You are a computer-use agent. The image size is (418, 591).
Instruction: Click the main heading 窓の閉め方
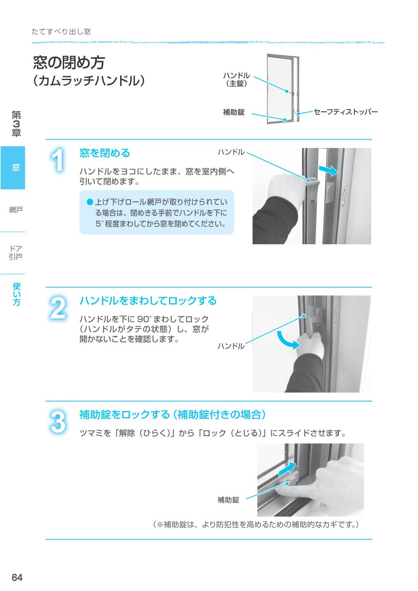[x=69, y=63]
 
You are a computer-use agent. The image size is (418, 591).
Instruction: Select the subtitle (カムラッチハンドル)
[x=88, y=81]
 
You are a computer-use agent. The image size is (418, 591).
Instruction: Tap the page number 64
[x=17, y=578]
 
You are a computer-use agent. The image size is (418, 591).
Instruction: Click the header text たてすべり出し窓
[x=61, y=32]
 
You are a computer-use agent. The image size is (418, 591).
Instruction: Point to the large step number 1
[x=58, y=160]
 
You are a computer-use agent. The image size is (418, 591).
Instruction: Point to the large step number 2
[x=58, y=308]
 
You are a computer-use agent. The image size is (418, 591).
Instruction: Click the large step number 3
[x=58, y=422]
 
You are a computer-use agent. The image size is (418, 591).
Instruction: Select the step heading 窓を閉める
[x=104, y=153]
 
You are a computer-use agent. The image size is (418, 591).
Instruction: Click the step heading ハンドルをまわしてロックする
[x=148, y=301]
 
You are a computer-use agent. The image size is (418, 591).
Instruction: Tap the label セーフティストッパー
[x=346, y=112]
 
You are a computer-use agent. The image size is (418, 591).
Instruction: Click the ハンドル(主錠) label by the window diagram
[x=236, y=79]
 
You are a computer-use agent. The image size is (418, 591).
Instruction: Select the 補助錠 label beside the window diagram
[x=234, y=112]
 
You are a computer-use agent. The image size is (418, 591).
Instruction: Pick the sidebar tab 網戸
[x=16, y=210]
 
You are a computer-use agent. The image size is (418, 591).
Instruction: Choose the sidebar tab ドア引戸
[x=16, y=252]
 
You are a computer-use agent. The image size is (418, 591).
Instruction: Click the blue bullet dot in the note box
[x=90, y=202]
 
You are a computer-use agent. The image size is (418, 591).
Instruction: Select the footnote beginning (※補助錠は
[x=256, y=524]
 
